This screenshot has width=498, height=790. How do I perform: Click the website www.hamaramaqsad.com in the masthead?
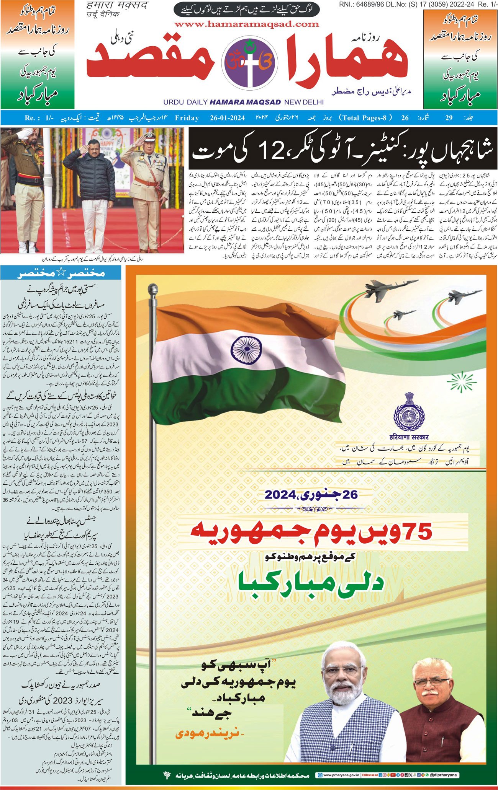click(247, 24)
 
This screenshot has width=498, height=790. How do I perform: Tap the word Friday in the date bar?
click(187, 118)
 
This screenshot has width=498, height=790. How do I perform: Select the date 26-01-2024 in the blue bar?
click(227, 118)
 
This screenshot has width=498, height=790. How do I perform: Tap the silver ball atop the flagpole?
click(153, 290)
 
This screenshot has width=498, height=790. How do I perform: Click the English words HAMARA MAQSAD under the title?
click(245, 102)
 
